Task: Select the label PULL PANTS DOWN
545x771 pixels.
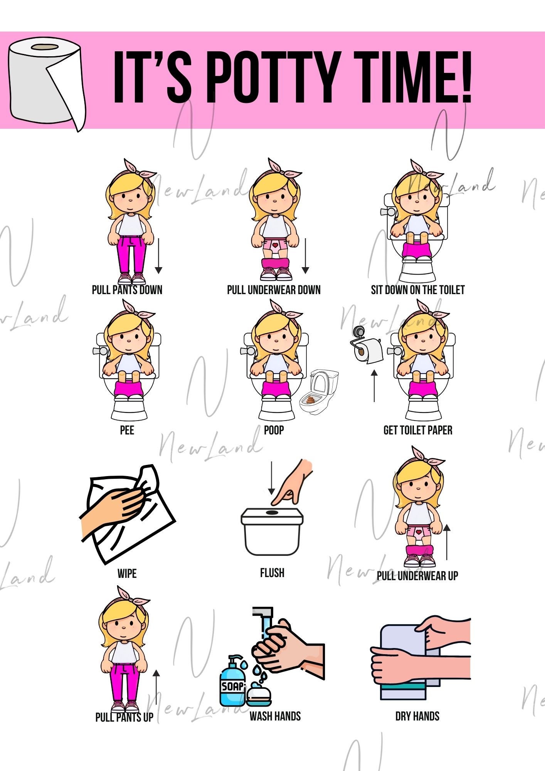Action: [x=127, y=290]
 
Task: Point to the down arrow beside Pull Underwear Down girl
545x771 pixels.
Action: [x=305, y=256]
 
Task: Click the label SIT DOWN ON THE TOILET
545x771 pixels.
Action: [x=418, y=290]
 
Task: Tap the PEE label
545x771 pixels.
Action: [x=127, y=430]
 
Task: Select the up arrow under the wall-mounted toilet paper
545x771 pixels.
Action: [x=374, y=385]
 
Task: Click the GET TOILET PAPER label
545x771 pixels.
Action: [x=418, y=430]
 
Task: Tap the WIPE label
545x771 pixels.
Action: [x=127, y=573]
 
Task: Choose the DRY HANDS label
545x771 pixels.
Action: [x=417, y=716]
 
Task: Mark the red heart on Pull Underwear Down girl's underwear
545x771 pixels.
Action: [x=275, y=245]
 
